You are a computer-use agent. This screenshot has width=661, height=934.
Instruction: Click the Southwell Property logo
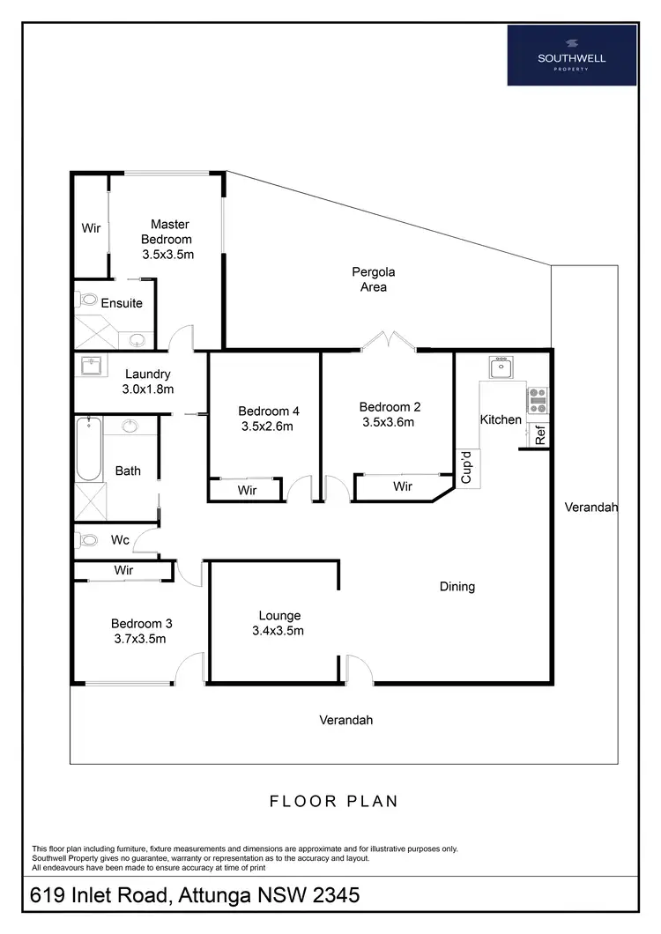pos(572,55)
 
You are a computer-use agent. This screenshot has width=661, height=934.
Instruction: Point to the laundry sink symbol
pos(91,366)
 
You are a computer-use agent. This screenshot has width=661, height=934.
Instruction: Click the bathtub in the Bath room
pos(87,449)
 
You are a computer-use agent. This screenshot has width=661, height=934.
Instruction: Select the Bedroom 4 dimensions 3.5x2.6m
pos(268,426)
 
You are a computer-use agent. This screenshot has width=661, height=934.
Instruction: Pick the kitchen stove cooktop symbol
pos(538,400)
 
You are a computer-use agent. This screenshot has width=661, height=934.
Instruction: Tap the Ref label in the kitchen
pos(539,434)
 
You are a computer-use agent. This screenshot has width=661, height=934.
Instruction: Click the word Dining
pos(457,586)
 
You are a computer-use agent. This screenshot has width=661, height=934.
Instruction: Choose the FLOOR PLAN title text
pos(333,801)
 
